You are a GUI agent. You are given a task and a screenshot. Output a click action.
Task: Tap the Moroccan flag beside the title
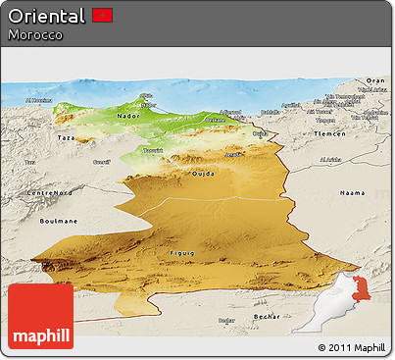pos(103,16)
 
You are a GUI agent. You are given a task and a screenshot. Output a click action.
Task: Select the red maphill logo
pos(41,317)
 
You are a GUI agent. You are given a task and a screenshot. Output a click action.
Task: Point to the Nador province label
pos(128,115)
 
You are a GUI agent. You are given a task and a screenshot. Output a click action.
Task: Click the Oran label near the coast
pos(375,80)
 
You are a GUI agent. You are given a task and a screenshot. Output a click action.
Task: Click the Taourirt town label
pos(153,149)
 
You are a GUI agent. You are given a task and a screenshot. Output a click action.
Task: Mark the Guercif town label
pos(101,161)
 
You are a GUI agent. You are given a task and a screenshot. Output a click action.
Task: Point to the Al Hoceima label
pos(39,100)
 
